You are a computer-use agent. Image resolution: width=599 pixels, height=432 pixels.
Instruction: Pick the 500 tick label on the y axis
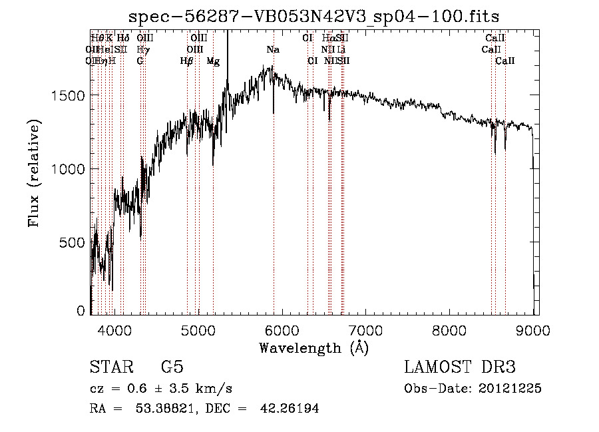(x=75, y=242)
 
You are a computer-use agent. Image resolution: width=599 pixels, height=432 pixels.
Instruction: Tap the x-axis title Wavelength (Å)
(x=313, y=347)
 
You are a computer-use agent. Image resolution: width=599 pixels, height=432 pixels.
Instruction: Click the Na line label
(x=273, y=50)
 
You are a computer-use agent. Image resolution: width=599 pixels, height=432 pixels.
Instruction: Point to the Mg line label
(x=213, y=61)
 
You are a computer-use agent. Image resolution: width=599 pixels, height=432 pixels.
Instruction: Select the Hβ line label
(x=187, y=61)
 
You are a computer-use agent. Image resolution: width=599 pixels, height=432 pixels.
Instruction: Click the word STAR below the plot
(x=110, y=367)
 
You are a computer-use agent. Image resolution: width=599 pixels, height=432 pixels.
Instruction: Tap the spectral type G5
(x=172, y=367)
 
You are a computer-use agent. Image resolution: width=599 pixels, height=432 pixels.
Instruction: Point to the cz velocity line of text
(x=160, y=389)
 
